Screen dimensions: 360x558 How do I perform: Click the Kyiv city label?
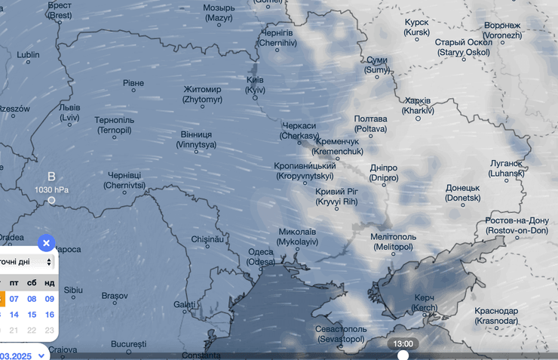255,85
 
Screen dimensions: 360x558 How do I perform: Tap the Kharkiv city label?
418,106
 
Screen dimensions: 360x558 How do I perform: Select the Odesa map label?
261,257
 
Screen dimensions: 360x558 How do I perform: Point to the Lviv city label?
69,112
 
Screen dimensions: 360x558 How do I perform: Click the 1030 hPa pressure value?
51,189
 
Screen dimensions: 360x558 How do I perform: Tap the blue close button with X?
46,243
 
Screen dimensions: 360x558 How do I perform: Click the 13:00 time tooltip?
403,343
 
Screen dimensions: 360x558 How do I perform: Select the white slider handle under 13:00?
403,355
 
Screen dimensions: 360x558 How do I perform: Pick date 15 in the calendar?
32,315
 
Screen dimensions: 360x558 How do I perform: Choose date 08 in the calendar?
32,299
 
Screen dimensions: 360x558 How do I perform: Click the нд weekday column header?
50,283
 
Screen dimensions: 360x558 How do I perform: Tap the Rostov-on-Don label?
517,225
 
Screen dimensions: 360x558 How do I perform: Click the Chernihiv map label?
277,38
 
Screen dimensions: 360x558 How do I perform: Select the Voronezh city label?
502,30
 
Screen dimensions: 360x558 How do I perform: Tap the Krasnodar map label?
496,315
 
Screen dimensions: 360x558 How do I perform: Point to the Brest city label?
60,10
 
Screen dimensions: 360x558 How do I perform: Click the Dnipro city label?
383,173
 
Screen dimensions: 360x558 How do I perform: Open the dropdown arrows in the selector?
49,262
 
